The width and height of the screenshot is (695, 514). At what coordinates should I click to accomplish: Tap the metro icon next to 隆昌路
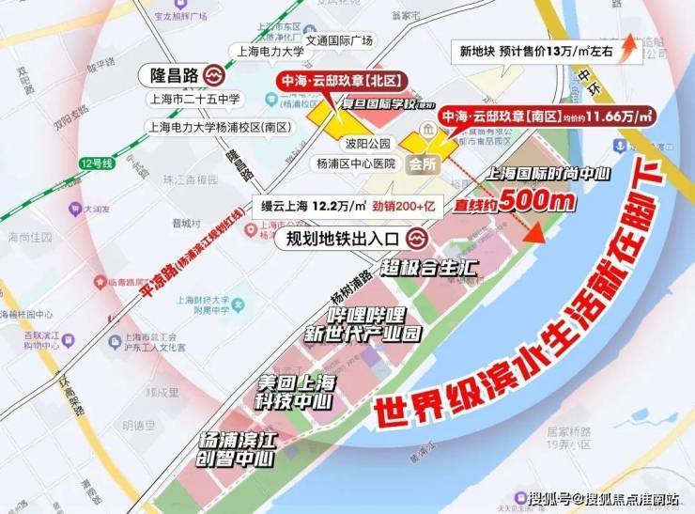[215, 73]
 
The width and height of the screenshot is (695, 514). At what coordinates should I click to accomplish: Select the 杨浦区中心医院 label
[357, 162]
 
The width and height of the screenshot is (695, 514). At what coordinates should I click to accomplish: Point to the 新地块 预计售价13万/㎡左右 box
[531, 53]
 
